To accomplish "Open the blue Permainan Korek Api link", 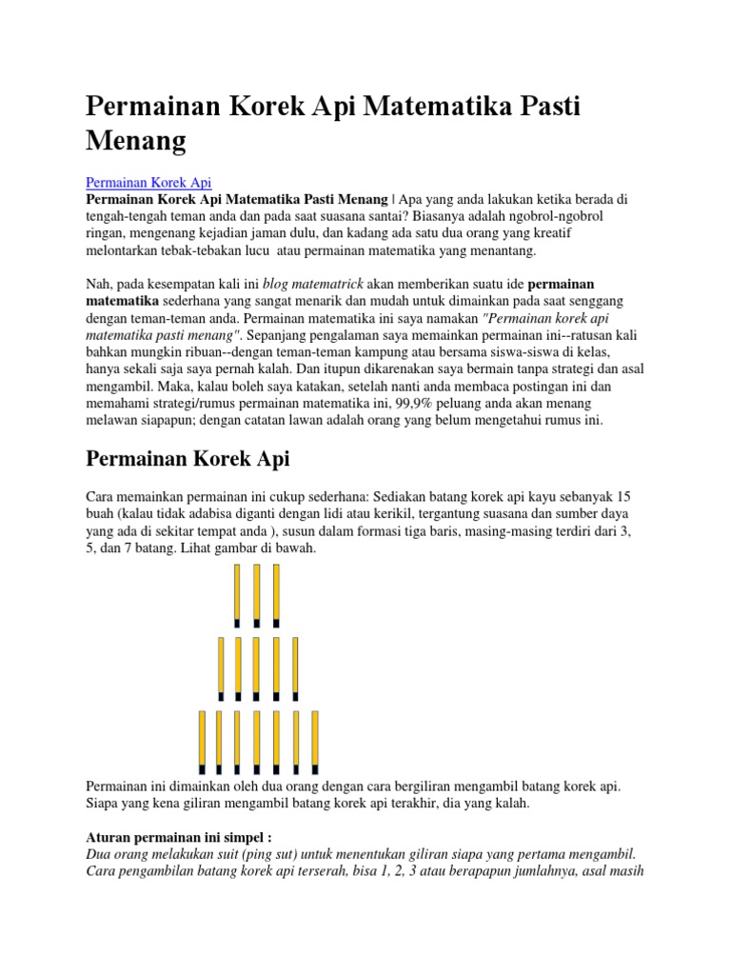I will [x=148, y=182].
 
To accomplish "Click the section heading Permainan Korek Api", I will [x=188, y=459].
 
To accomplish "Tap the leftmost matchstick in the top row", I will [x=237, y=596].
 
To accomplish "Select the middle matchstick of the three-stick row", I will [x=257, y=596].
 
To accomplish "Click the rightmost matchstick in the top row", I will [x=277, y=596].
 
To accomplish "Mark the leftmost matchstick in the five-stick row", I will [x=221, y=668].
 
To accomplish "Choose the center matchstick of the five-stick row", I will [x=257, y=668].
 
